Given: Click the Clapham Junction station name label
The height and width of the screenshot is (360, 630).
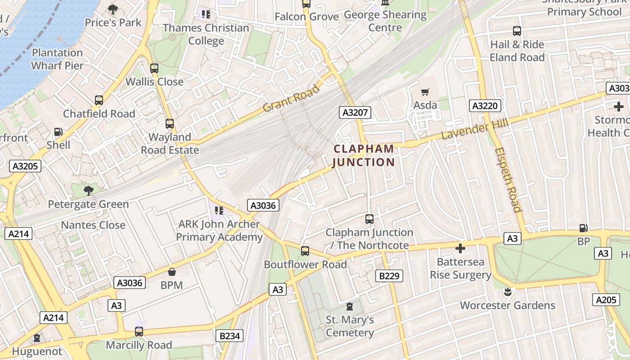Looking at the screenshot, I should coord(364,155).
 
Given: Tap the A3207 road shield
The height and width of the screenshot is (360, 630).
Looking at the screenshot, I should coord(355,112).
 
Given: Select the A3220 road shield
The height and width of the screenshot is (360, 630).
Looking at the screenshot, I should coord(485,106).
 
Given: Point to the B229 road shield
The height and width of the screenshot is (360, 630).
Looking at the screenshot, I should coord(389,275).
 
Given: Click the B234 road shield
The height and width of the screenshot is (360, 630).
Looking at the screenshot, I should coord(230,336).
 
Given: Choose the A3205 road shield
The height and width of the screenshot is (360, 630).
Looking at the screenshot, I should coord(25,166).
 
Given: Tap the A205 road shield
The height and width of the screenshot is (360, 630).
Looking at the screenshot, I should coord(606,300).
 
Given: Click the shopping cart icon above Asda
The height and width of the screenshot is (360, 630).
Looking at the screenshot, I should coord(425,92).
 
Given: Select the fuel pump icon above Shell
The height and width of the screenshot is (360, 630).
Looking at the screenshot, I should coord(58,132).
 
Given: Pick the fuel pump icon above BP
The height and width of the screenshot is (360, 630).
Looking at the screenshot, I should coord(583,229).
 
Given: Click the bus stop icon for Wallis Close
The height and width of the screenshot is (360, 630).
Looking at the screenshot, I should coord(154,68).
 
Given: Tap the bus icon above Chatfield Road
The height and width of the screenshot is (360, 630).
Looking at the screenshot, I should coord(99,100).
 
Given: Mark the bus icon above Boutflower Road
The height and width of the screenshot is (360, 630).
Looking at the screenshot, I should coord(305,251).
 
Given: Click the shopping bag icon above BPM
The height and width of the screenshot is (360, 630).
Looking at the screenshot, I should coord(171,272).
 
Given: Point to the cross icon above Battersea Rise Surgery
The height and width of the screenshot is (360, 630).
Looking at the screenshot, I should coord(460,248).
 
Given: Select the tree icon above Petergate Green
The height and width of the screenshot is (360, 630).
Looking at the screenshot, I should coord(89,191).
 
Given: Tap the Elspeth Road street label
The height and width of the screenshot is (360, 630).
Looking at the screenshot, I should coord(508,179).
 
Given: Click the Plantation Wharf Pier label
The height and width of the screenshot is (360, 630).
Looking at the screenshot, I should coord(58,59).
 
